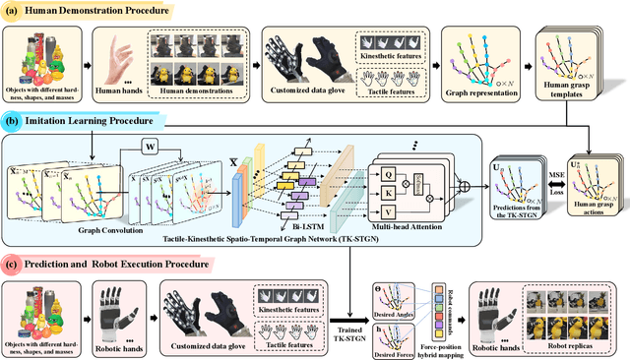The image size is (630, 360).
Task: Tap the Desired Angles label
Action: click(393, 305)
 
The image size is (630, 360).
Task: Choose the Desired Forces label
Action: click(393, 347)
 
